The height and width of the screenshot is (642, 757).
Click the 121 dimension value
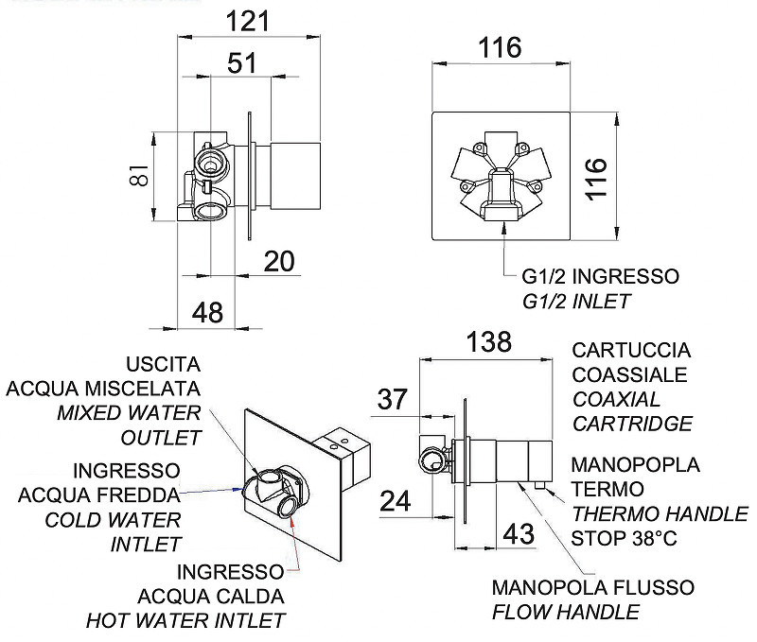248,21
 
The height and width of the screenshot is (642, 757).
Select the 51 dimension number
242,63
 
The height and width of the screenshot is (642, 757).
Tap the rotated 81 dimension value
139,176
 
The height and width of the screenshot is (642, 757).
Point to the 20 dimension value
279,261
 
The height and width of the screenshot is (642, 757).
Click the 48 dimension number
207,313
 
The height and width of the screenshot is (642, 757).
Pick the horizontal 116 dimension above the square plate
501,48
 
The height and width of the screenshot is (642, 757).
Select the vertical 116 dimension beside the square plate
596,178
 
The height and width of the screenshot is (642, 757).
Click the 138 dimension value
489,341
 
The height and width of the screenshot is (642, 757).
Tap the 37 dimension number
392,399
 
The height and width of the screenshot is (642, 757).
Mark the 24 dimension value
396,501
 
